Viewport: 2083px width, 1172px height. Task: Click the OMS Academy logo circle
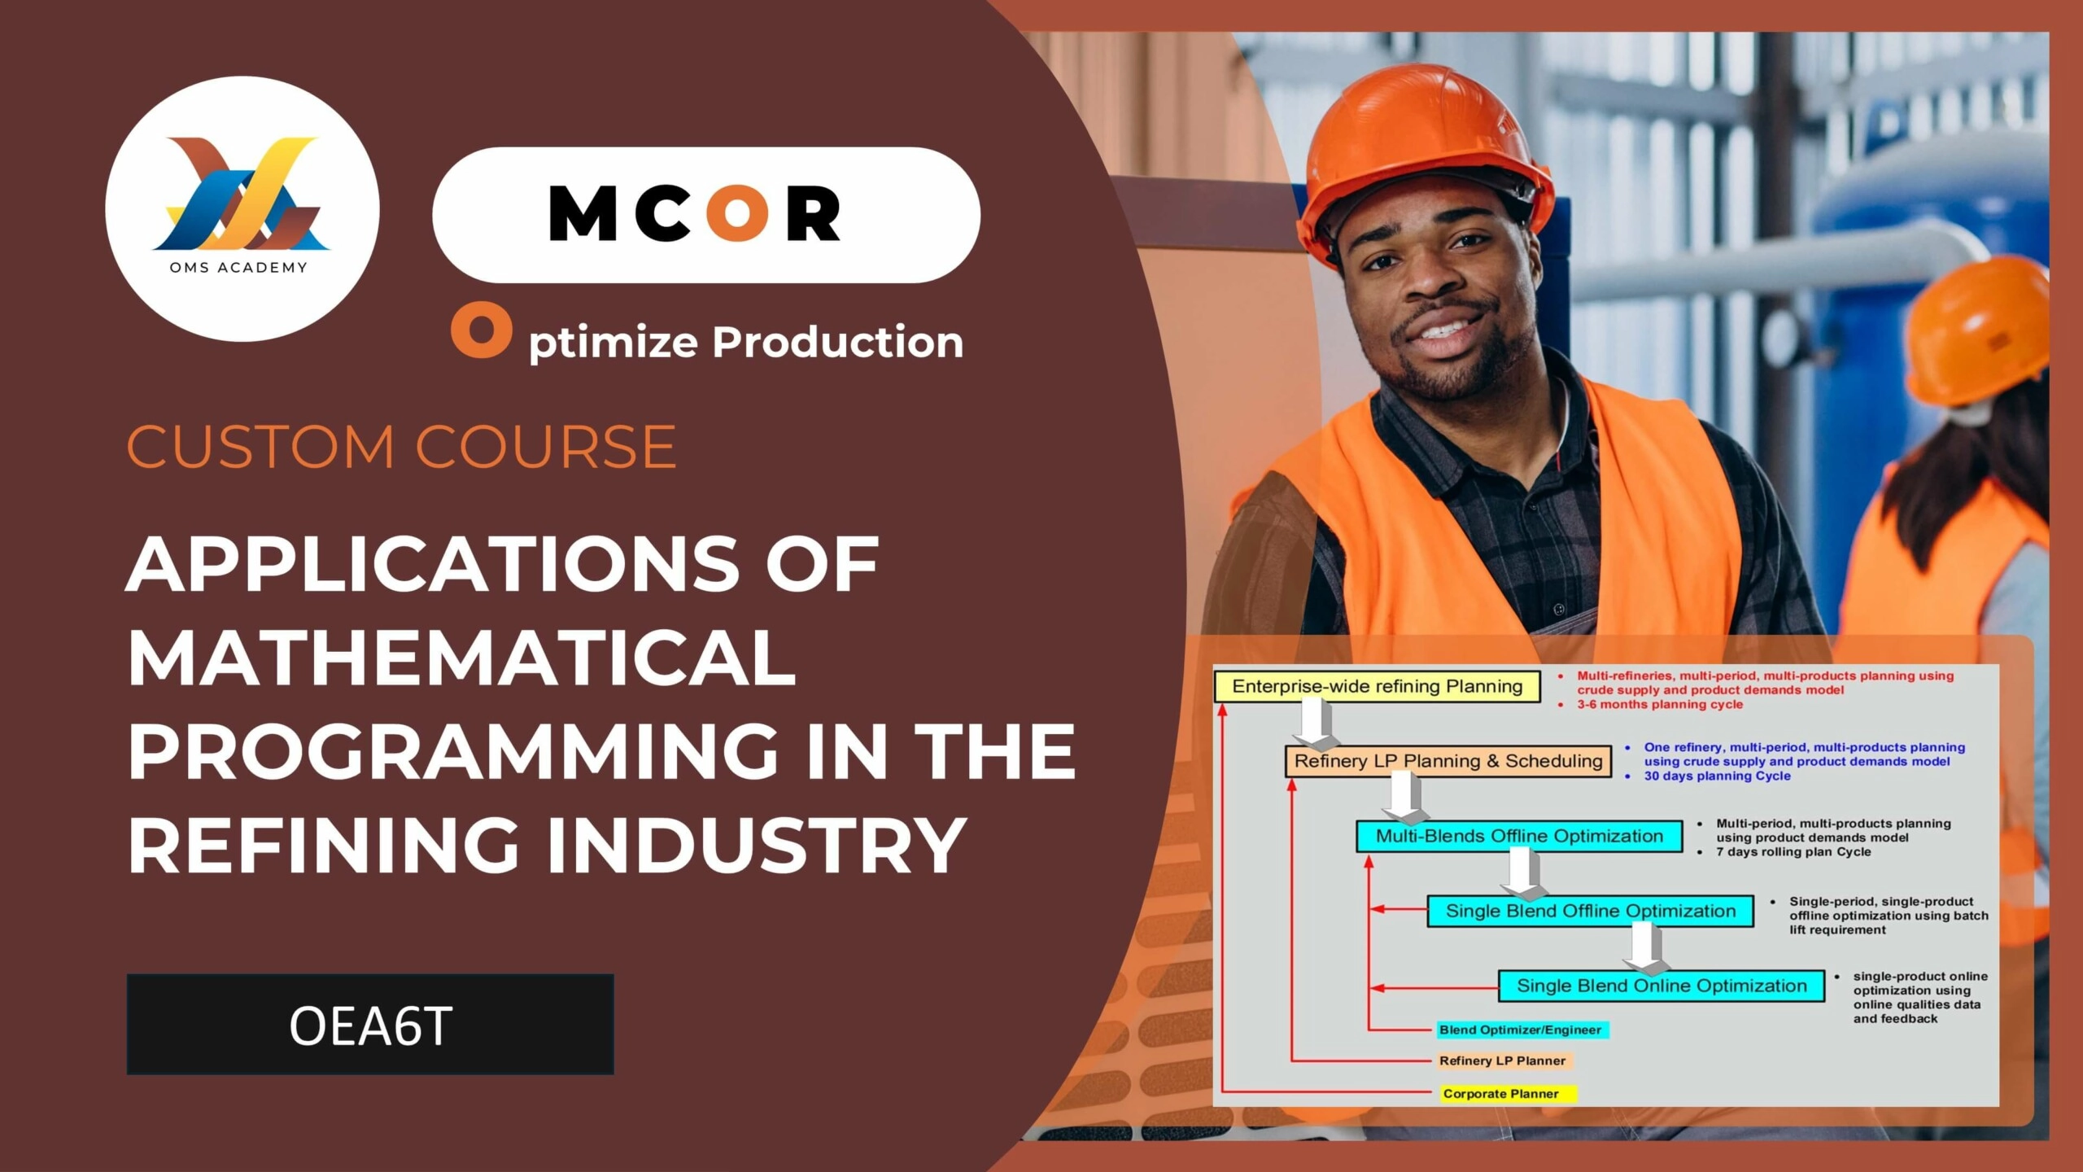[x=242, y=208]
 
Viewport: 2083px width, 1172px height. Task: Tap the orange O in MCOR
[x=737, y=213]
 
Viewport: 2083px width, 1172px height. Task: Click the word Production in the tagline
[x=838, y=342]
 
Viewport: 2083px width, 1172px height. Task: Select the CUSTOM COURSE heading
[x=401, y=447]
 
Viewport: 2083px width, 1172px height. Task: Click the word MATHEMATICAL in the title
[x=461, y=658]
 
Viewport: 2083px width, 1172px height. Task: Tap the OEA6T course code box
[x=370, y=1024]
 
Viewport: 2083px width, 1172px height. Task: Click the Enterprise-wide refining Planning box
[x=1378, y=686]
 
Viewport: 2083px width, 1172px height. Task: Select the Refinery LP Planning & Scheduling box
[x=1448, y=761]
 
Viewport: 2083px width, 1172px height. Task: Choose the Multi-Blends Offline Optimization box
[x=1519, y=836]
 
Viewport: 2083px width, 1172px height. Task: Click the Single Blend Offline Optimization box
[x=1591, y=911]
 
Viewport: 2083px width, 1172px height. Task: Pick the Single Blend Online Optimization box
[x=1662, y=986]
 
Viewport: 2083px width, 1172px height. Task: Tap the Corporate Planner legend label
[x=1509, y=1094]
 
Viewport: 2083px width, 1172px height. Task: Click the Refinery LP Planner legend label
[x=1504, y=1060]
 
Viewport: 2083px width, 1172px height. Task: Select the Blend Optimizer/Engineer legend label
[x=1522, y=1030]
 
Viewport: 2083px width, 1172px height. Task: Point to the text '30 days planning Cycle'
[x=1717, y=776]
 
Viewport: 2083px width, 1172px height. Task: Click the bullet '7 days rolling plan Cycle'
[x=1793, y=851]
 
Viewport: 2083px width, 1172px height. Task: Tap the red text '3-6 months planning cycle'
[x=1660, y=704]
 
